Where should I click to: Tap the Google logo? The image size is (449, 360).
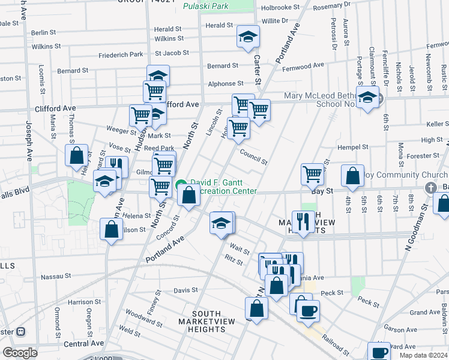(x=20, y=353)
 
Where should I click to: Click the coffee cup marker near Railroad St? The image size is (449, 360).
(x=309, y=311)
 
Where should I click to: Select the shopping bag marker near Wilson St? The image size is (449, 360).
(x=112, y=229)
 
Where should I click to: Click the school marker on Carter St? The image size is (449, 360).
(x=248, y=37)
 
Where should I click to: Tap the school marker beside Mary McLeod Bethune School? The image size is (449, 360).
(x=367, y=97)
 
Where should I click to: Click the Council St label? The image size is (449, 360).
(x=253, y=157)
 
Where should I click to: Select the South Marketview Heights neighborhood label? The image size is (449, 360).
(x=207, y=322)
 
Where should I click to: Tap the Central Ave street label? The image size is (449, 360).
(x=84, y=344)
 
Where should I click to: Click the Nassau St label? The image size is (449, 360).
(x=55, y=277)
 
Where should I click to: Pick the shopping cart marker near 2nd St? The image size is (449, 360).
(x=313, y=174)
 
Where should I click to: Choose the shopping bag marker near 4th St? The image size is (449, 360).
(x=352, y=176)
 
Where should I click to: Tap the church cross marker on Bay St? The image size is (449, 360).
(x=430, y=187)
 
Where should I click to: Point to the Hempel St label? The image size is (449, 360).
(x=352, y=147)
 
